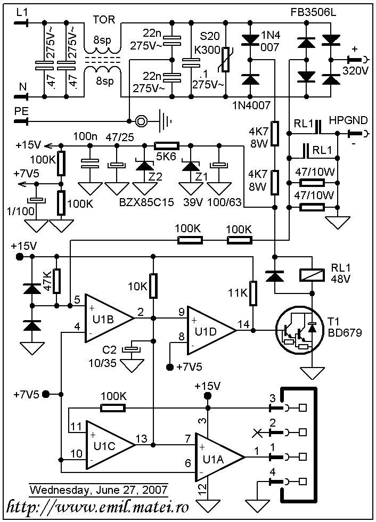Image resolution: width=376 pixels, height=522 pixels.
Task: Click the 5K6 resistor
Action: pos(167,145)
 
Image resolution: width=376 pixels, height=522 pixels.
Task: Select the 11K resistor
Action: pos(253,292)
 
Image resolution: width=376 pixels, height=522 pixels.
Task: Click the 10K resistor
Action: pos(153,286)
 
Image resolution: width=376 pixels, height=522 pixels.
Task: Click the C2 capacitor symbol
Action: pos(130,349)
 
